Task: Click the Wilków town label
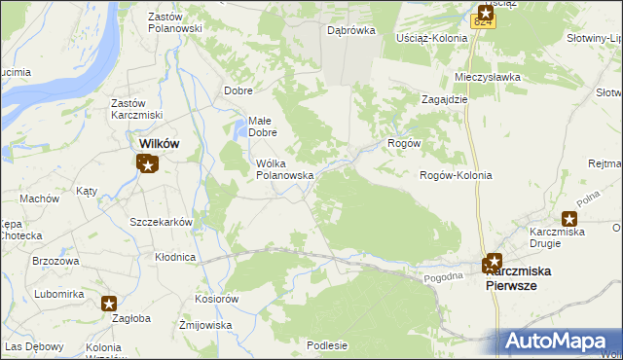click(x=154, y=143)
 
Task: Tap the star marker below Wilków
click(x=148, y=164)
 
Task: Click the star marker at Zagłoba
click(x=109, y=304)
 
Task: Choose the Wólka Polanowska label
click(x=283, y=169)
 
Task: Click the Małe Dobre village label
click(x=263, y=126)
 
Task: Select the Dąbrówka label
click(x=351, y=31)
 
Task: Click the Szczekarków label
click(x=162, y=222)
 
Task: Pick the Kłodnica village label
click(x=176, y=258)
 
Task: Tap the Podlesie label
click(x=327, y=344)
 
